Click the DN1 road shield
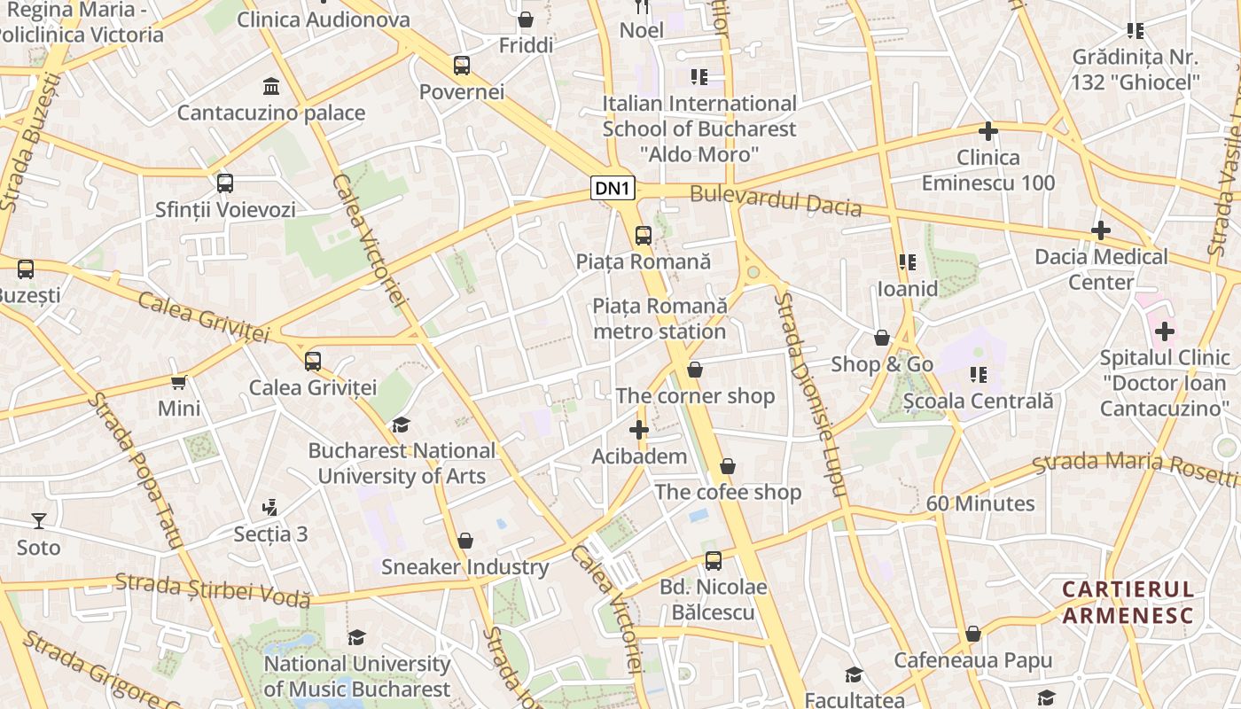coord(613,188)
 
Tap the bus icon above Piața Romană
coord(644,236)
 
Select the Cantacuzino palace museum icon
coord(271,87)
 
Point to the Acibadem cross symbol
coord(638,431)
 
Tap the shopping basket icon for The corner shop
coord(695,370)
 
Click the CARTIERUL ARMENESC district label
coord(1128,603)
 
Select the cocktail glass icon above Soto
coord(39,520)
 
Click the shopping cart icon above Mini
coord(179,383)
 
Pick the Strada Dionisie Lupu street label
coord(810,394)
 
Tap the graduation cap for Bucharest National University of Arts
coord(402,425)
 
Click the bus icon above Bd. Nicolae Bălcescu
coord(714,560)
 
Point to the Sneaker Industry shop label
coord(464,567)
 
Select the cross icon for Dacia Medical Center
coord(1101,230)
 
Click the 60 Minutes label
coord(980,503)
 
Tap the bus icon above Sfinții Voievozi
coord(225,183)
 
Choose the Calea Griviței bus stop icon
coord(313,362)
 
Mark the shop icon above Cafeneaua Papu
coord(973,635)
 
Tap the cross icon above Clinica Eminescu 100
coord(988,132)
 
